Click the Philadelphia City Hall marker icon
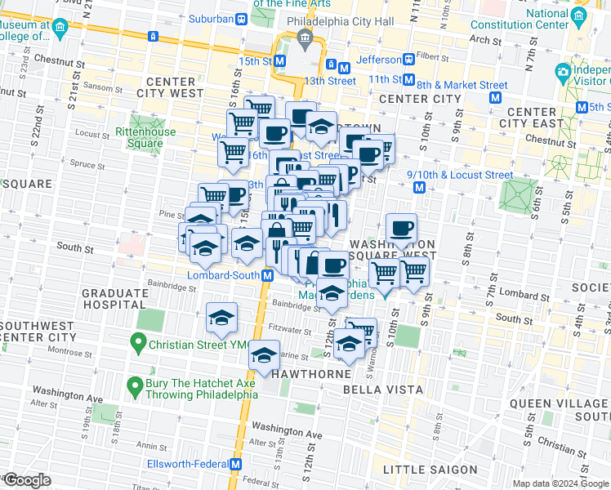[x=305, y=38]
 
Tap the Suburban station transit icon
[x=240, y=18]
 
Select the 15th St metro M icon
[x=280, y=60]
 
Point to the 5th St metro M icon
[x=582, y=107]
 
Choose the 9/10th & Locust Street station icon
[x=419, y=188]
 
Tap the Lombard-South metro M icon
[x=267, y=276]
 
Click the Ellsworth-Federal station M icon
[x=236, y=463]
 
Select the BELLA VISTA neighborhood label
[x=383, y=390]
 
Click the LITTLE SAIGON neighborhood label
[x=430, y=469]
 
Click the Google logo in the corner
[x=26, y=480]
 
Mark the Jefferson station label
[x=380, y=60]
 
